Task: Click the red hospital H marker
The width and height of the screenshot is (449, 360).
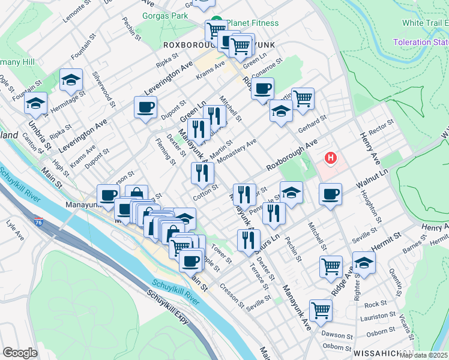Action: pos(330,158)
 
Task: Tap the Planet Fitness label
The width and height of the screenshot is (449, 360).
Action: pos(248,23)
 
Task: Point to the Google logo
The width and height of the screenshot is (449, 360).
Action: pos(20,353)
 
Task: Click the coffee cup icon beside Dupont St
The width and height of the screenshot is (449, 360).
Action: pos(146,108)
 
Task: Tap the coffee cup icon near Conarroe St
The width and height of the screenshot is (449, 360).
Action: pos(262,90)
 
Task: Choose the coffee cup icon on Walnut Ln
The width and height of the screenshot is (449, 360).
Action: pos(331,194)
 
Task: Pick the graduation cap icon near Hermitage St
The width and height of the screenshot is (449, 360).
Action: pos(71,80)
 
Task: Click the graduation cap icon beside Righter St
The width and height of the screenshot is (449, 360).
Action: pos(364,263)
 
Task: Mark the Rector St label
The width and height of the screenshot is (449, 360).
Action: pos(381,126)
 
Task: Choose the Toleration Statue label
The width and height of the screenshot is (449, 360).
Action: pos(421,42)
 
